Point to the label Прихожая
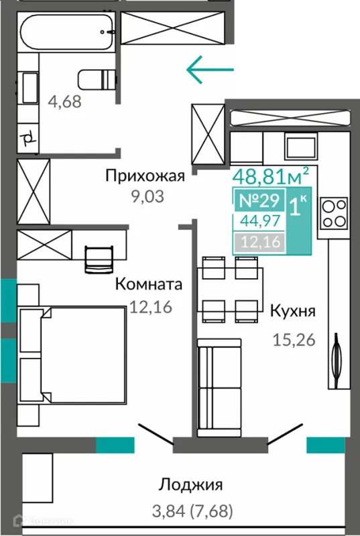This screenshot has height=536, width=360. [144, 176]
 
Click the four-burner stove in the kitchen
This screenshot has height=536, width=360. [333, 214]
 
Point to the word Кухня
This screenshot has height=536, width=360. [292, 311]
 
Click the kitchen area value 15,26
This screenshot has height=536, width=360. [294, 340]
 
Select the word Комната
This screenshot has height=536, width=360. [149, 284]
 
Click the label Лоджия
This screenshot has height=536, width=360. [190, 484]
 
